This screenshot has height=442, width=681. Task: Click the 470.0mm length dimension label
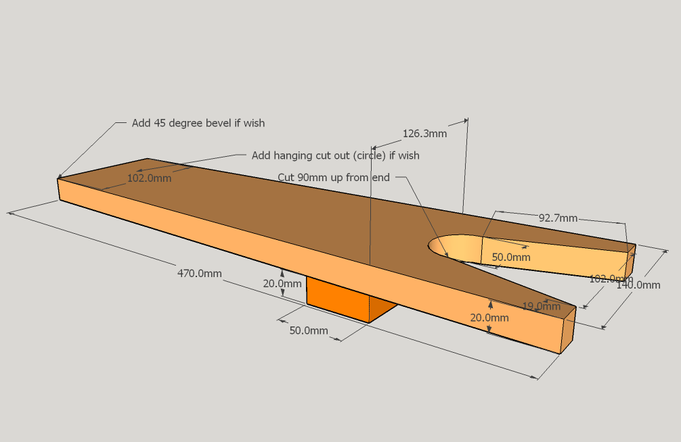[x=199, y=274]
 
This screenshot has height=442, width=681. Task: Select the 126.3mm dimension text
[x=424, y=134]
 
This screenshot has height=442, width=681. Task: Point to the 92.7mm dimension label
[x=558, y=218]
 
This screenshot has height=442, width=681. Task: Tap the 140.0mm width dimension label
[x=638, y=285]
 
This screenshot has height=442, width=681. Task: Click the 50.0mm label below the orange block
[x=309, y=330]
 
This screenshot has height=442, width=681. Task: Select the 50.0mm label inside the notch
[x=510, y=257]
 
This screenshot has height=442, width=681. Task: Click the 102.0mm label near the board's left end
[x=149, y=178]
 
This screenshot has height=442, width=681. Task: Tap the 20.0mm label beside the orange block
[x=282, y=284]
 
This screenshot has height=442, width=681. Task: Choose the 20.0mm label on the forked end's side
[x=489, y=318]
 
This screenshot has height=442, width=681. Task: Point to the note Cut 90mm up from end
[x=334, y=177]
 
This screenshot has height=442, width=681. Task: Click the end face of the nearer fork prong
[x=567, y=329]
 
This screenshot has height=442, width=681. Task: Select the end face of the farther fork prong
[x=630, y=260]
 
